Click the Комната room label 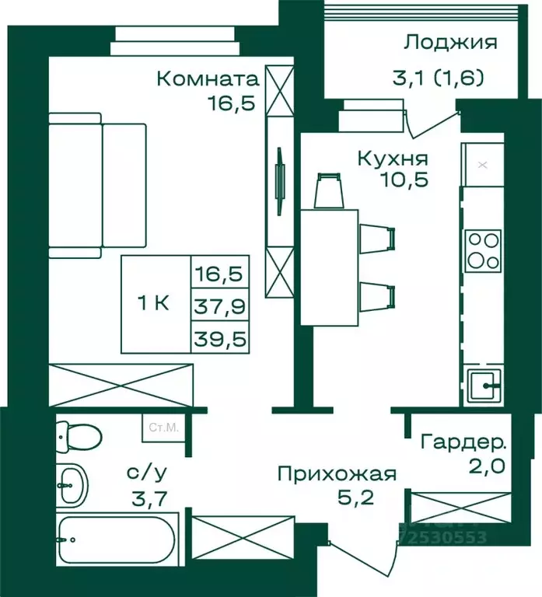tap(206, 79)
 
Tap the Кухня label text tap(393, 159)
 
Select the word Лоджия tap(450, 42)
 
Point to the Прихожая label tap(337, 473)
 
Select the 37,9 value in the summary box tap(221, 305)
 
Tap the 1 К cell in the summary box tap(156, 304)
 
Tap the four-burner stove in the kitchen tap(483, 250)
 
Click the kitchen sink tap(483, 383)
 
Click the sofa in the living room tap(96, 185)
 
